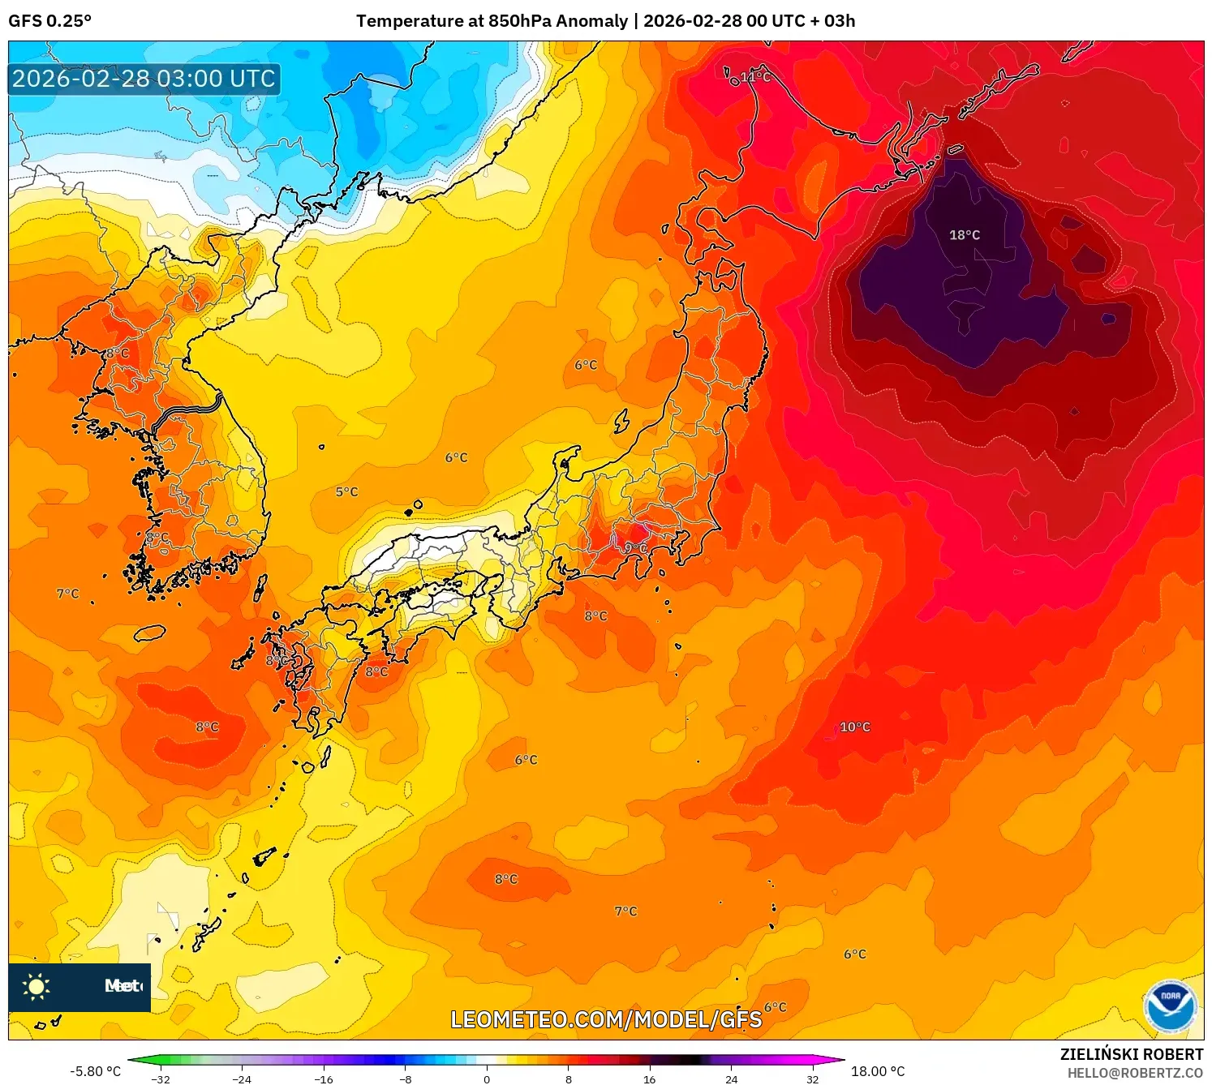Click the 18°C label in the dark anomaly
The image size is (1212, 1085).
pyautogui.click(x=965, y=235)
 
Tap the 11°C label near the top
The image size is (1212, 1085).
pyautogui.click(x=754, y=77)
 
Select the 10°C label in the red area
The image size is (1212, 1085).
pyautogui.click(x=854, y=727)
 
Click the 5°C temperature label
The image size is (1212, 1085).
pyautogui.click(x=346, y=492)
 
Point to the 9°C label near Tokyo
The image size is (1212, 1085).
pyautogui.click(x=636, y=549)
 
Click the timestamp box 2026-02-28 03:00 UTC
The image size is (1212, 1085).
pyautogui.click(x=144, y=79)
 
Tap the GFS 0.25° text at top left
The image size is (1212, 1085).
pyautogui.click(x=50, y=21)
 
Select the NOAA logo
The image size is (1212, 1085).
pyautogui.click(x=1170, y=1006)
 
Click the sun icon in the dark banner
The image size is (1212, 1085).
pyautogui.click(x=37, y=987)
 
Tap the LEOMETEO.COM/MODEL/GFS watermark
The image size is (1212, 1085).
pyautogui.click(x=606, y=1019)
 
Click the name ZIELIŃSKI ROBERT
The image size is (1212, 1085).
pyautogui.click(x=1131, y=1054)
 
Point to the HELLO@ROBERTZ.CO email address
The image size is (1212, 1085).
pyautogui.click(x=1134, y=1073)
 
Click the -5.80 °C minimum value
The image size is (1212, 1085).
pyautogui.click(x=95, y=1071)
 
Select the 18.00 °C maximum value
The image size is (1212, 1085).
pyautogui.click(x=877, y=1071)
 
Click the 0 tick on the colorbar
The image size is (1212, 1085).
pyautogui.click(x=487, y=1079)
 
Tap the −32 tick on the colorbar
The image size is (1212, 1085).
pyautogui.click(x=161, y=1079)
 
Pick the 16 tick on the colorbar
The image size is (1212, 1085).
pyautogui.click(x=649, y=1079)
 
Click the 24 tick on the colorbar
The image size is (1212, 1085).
pyautogui.click(x=731, y=1079)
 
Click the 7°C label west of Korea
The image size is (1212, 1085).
pyautogui.click(x=68, y=594)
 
